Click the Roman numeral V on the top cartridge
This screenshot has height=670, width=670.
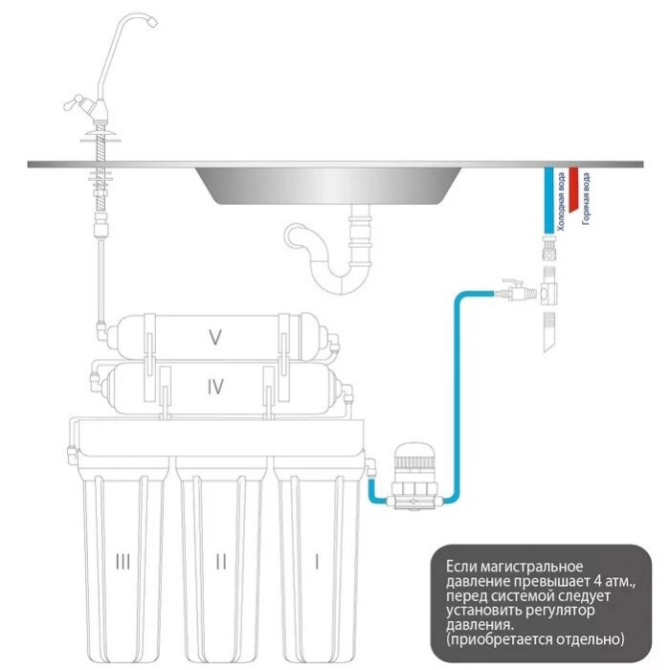click(x=215, y=337)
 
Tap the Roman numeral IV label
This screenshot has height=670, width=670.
click(x=215, y=387)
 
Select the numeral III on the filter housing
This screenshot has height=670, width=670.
click(x=123, y=562)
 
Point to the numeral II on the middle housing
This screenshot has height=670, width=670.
click(x=221, y=562)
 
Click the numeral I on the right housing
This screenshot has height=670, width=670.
click(x=317, y=562)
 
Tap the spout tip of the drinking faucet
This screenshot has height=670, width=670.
click(x=152, y=22)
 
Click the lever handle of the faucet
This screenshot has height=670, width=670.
click(x=75, y=102)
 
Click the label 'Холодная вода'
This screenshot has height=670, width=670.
click(x=560, y=201)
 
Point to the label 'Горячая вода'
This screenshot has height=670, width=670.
click(x=586, y=198)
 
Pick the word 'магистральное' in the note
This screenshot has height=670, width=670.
click(x=532, y=567)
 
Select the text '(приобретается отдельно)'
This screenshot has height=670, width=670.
click(x=535, y=639)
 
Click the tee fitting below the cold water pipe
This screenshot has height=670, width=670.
click(x=549, y=293)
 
